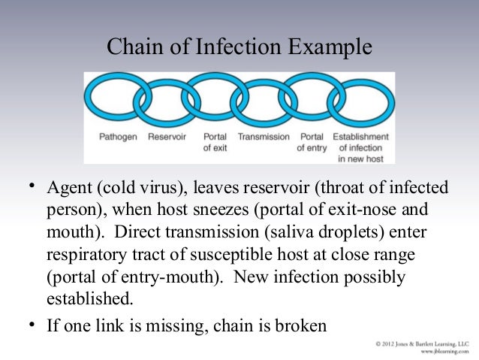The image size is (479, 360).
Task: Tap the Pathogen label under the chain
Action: coord(118,138)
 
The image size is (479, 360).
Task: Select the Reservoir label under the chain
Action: coord(167,138)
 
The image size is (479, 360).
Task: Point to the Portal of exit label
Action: coord(215,143)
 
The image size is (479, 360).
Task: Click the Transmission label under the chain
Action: coord(264,138)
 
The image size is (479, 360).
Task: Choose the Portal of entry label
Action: coord(312,143)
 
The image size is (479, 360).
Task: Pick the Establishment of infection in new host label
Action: coord(361,148)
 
